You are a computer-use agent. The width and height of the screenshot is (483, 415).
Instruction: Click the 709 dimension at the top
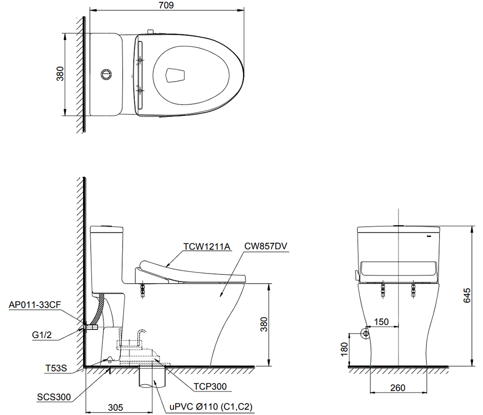(165, 5)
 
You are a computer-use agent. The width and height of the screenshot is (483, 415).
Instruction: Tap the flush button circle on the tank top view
(106, 74)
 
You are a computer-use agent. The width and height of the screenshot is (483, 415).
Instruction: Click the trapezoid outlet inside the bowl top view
(175, 75)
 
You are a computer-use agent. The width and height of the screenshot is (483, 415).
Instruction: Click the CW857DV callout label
(265, 246)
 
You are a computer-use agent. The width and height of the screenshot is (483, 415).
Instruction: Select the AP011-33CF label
(33, 305)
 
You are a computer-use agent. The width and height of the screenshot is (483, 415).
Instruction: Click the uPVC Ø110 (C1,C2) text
(211, 406)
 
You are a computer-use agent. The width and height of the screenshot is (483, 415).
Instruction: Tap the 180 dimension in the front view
(343, 349)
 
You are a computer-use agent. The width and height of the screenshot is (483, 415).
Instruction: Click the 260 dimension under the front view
(398, 388)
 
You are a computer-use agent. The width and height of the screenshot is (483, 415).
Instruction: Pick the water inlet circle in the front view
(365, 333)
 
